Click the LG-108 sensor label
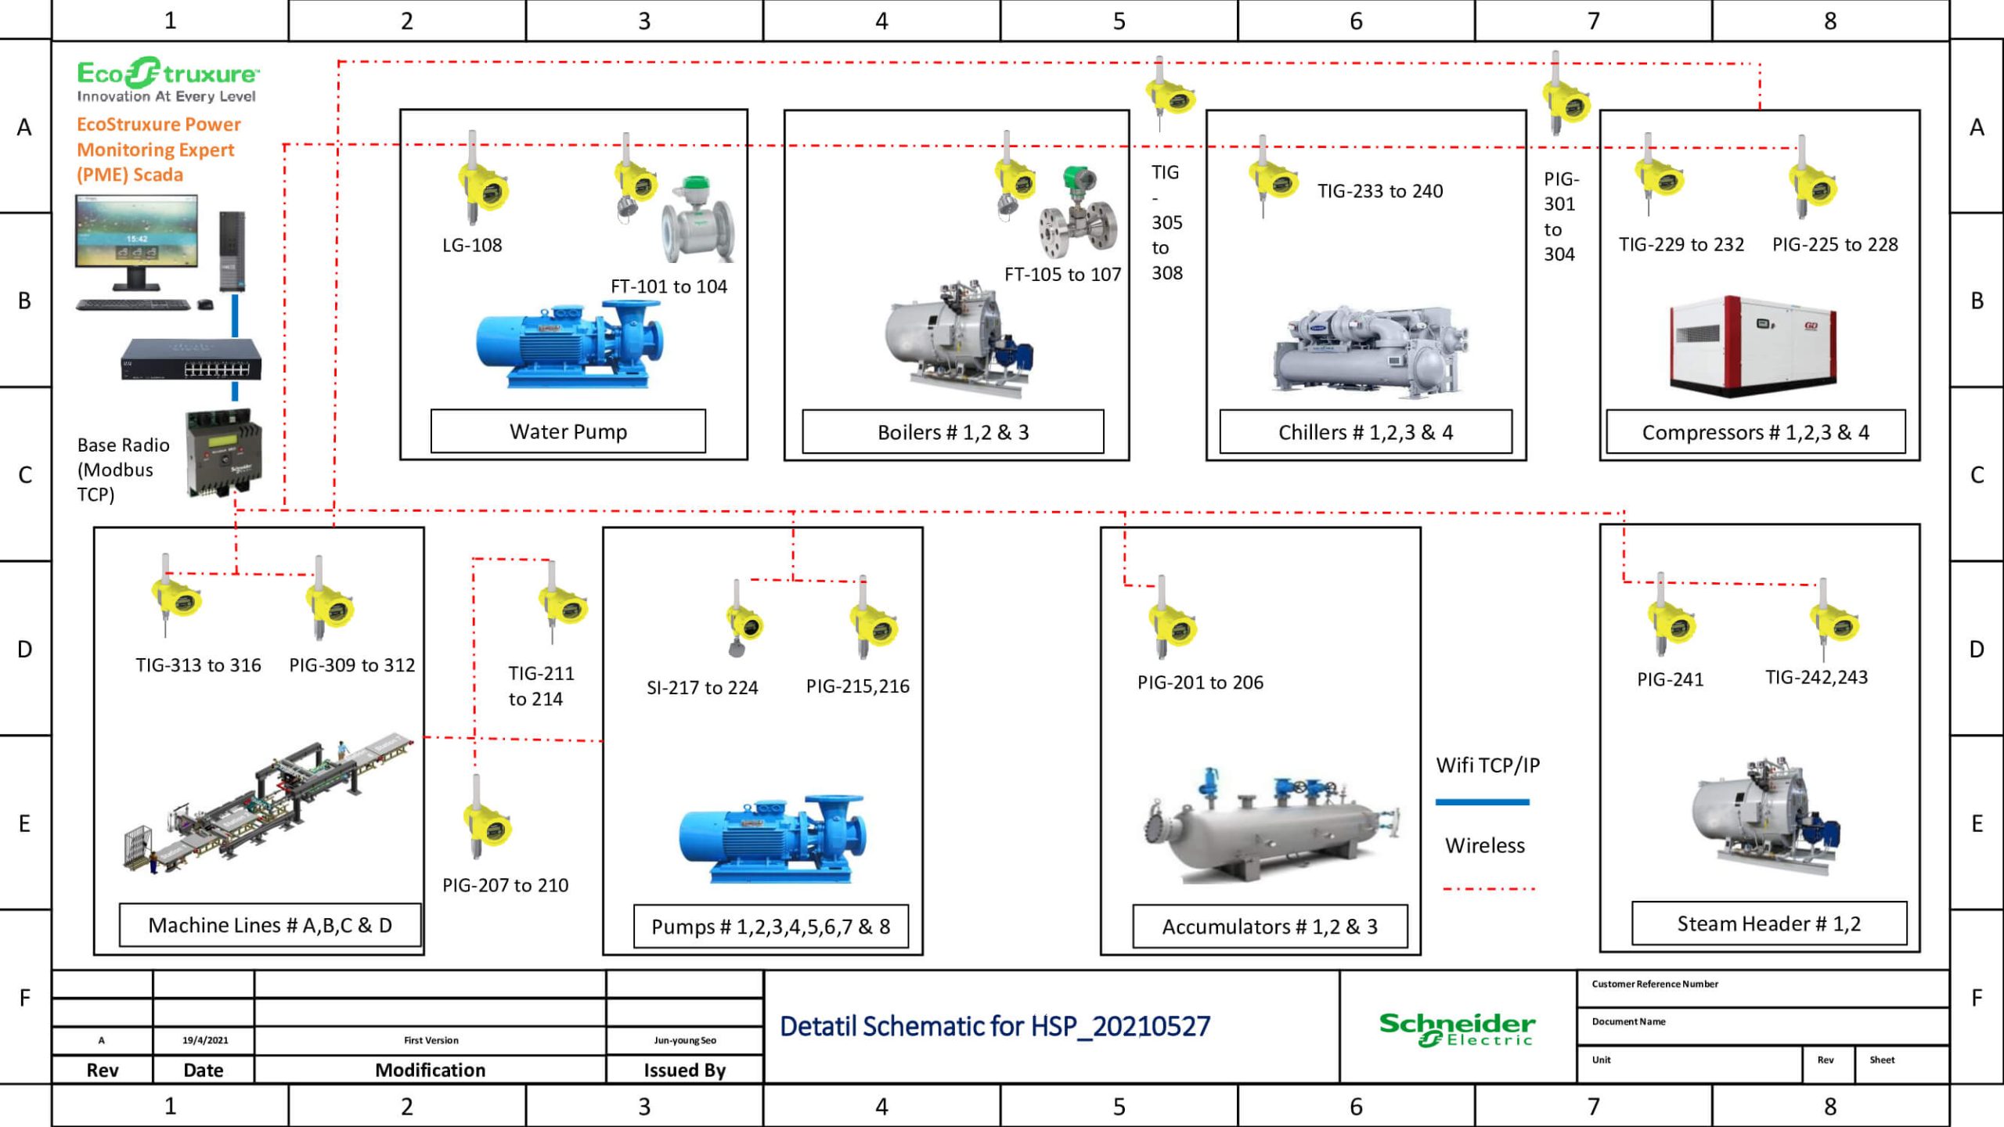coord(472,245)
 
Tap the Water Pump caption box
coord(568,431)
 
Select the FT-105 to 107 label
coord(1062,275)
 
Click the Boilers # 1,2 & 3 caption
coord(953,432)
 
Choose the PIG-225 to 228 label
coord(1835,245)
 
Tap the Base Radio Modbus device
coord(224,454)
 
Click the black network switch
coord(191,360)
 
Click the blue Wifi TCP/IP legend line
coord(1482,801)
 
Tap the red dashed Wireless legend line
coord(1488,889)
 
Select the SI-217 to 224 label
coord(702,688)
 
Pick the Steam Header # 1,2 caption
coord(1768,924)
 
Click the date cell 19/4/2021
coord(204,1040)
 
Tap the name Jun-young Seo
coord(685,1040)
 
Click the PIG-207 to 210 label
coord(506,885)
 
